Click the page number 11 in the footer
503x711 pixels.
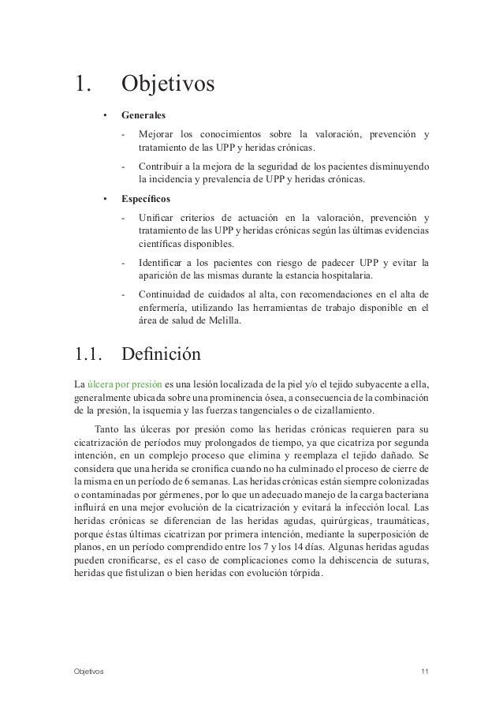pyautogui.click(x=426, y=671)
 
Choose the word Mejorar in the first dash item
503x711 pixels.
pyautogui.click(x=156, y=133)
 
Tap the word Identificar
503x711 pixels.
pyautogui.click(x=162, y=262)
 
